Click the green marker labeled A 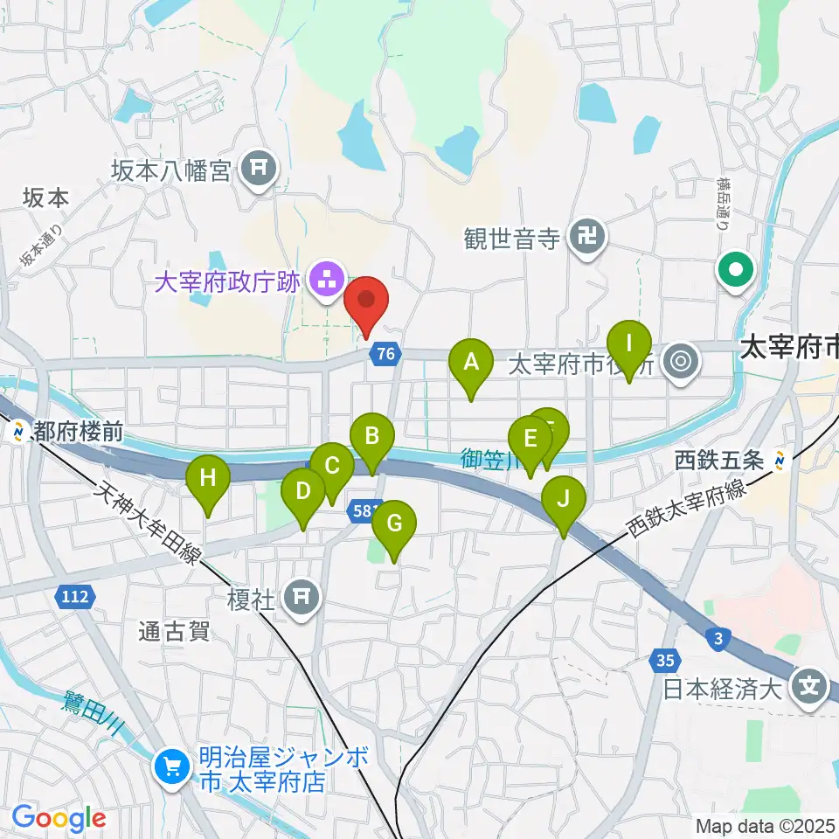click(x=471, y=360)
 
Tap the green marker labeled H click(x=208, y=478)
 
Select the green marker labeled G click(x=394, y=524)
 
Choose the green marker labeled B click(x=372, y=434)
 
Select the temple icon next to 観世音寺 click(x=586, y=239)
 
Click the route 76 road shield click(x=385, y=354)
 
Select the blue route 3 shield click(x=717, y=640)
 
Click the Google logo click(x=59, y=818)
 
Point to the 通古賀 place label click(x=175, y=632)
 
